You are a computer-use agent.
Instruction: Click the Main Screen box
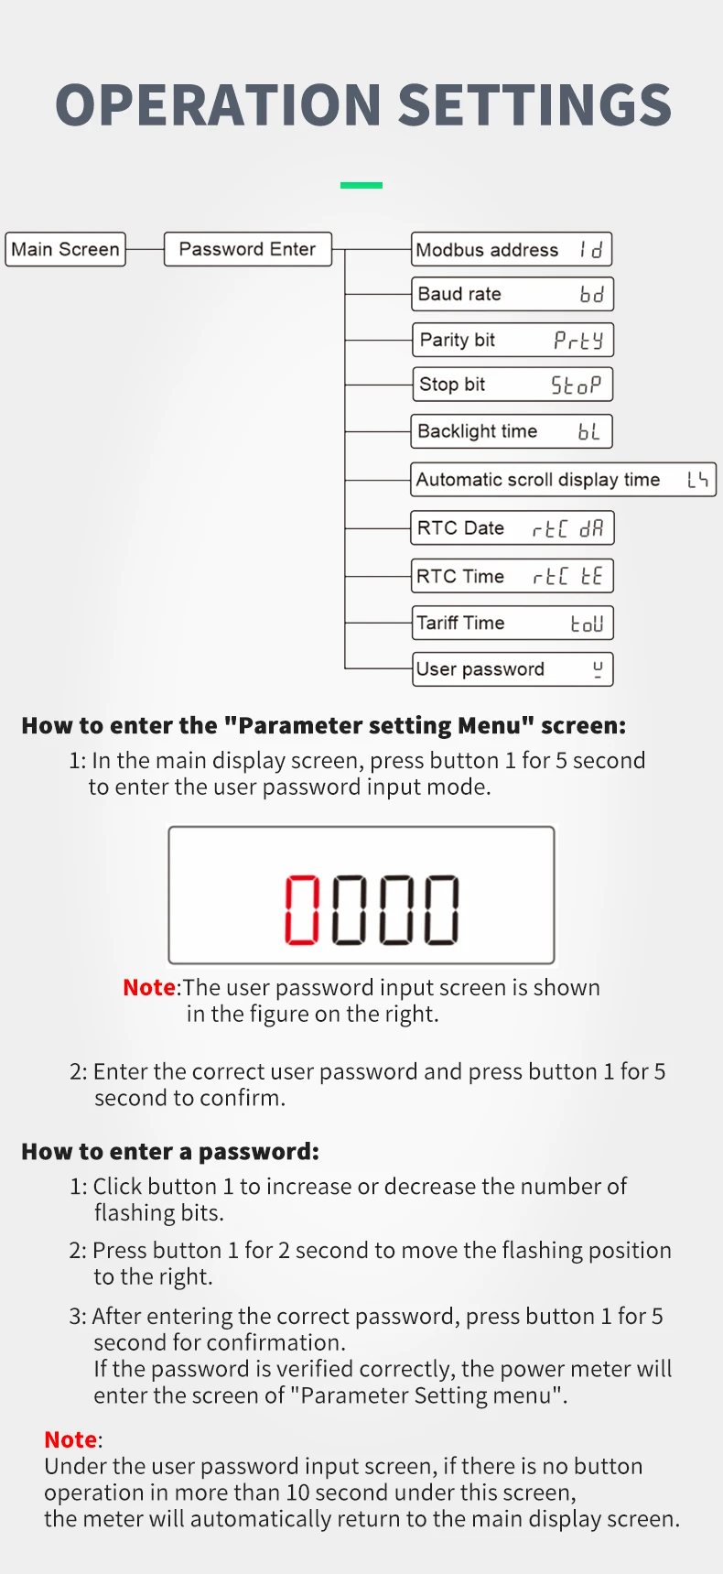point(65,249)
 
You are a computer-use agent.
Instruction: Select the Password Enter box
point(247,249)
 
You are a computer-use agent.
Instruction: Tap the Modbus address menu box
point(512,249)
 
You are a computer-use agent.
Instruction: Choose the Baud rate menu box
point(512,294)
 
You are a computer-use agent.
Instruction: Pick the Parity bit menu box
point(513,340)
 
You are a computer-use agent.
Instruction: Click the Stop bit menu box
point(513,385)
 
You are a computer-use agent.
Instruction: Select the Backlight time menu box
point(512,431)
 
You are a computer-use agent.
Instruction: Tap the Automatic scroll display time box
point(563,480)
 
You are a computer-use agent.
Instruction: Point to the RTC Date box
point(513,528)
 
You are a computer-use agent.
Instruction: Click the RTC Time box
point(513,576)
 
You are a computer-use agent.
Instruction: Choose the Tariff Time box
point(513,623)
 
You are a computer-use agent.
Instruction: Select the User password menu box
point(513,669)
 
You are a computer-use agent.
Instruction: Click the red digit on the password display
point(302,909)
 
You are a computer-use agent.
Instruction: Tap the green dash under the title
point(361,185)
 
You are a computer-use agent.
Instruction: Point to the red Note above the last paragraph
point(70,1439)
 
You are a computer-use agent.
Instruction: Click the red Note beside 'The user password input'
point(149,987)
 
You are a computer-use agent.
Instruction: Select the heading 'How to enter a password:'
point(170,1151)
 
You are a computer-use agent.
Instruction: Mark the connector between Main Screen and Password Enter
point(145,249)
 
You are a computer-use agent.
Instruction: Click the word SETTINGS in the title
point(535,104)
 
